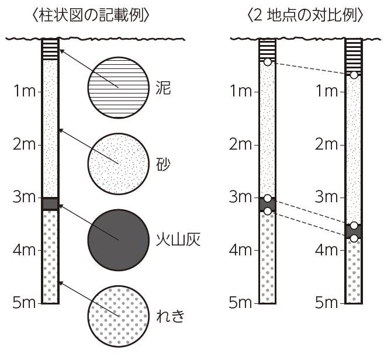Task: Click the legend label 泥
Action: pos(163,88)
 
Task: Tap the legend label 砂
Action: pos(163,164)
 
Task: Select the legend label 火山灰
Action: pos(178,240)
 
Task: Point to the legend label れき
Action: pos(171,316)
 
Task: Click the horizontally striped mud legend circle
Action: pos(119,88)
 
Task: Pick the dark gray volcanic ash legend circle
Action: pos(119,240)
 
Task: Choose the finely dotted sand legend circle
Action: pos(119,164)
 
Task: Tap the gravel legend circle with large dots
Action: pos(119,316)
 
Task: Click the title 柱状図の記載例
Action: pos(91,15)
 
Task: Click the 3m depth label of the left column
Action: pos(24,197)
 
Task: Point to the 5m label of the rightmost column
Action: pos(326,303)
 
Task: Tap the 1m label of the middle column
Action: pos(241,91)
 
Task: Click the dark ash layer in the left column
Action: pos(50,204)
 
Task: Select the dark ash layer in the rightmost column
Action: pos(354,231)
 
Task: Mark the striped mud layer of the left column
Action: pos(50,49)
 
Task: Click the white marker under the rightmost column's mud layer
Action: pos(354,75)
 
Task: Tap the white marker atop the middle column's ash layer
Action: pos(268,199)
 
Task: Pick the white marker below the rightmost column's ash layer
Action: pos(354,238)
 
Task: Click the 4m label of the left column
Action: pos(24,250)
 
